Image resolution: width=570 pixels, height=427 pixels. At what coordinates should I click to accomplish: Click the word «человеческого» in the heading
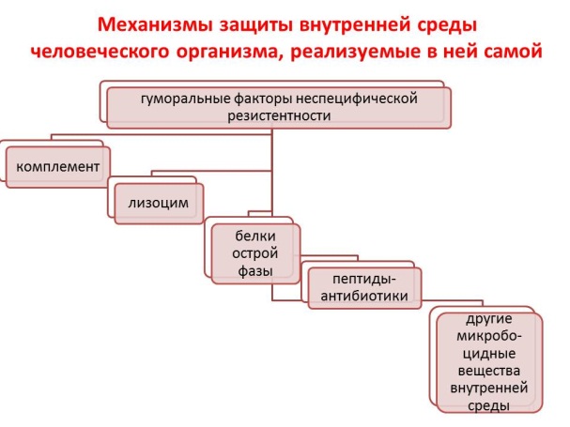[x=100, y=52]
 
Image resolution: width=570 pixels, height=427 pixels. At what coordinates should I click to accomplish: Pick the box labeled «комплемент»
[x=58, y=167]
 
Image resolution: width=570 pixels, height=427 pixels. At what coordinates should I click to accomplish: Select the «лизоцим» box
[x=159, y=203]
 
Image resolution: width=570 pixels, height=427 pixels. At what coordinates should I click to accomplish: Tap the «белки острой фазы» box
[x=255, y=253]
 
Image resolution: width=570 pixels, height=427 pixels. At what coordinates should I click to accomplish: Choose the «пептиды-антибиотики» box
[x=364, y=288]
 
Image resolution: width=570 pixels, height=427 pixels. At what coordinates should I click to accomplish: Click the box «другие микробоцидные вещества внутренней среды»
[x=489, y=362]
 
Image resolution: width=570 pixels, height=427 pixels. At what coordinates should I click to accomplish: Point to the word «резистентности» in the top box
[x=279, y=116]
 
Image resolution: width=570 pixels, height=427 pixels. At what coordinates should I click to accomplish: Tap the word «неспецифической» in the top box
[x=357, y=99]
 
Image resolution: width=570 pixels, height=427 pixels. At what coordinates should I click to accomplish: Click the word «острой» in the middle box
[x=255, y=253]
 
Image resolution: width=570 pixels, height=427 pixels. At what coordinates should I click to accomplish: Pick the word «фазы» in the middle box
[x=255, y=271]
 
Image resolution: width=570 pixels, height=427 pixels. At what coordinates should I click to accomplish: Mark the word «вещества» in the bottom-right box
[x=489, y=371]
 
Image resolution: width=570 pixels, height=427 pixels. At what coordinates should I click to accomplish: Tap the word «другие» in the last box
[x=489, y=319]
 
